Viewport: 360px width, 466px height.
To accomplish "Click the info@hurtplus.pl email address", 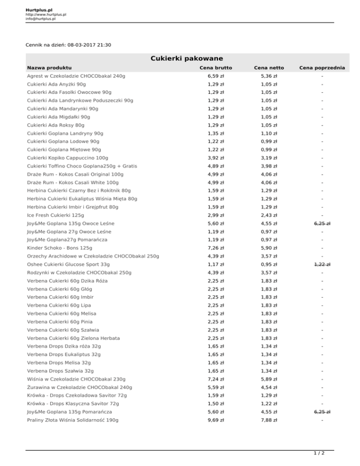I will [41, 19].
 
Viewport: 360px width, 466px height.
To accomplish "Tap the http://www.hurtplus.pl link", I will [45, 15].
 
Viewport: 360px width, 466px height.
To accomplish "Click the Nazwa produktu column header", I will [49, 68].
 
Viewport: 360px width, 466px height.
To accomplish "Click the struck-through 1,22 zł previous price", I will [322, 264].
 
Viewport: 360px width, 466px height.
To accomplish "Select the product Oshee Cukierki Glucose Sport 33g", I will [68, 264].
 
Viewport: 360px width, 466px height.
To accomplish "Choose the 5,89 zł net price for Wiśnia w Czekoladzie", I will [269, 379].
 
